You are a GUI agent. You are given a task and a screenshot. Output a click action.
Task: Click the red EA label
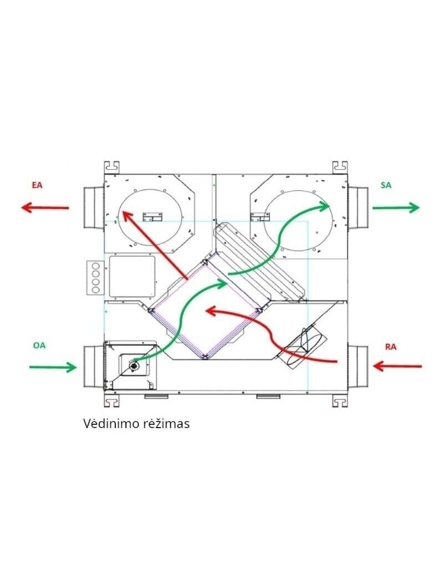click(x=37, y=185)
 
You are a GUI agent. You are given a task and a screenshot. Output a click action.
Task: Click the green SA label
click(x=386, y=185)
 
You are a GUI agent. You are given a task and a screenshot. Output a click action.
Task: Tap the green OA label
click(x=39, y=346)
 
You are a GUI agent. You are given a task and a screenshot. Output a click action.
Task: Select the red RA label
click(x=390, y=347)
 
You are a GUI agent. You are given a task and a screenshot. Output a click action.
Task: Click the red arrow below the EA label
click(x=45, y=208)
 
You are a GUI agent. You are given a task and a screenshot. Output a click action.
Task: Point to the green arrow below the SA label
click(x=396, y=208)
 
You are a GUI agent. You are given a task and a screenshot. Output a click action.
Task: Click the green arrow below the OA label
click(x=53, y=367)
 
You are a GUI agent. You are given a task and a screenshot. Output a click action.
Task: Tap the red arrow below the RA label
click(x=397, y=366)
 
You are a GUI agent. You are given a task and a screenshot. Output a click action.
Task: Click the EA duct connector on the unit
click(x=93, y=208)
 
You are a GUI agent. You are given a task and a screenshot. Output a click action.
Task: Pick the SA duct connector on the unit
click(x=358, y=208)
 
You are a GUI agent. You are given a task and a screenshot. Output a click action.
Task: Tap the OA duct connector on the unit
click(x=93, y=367)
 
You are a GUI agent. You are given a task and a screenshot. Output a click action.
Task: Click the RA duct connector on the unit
click(x=358, y=367)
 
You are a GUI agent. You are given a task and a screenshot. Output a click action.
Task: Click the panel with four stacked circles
click(x=95, y=277)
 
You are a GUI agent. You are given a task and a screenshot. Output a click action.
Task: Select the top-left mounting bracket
click(x=112, y=167)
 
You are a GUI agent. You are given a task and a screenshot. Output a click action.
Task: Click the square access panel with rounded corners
click(x=132, y=276)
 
